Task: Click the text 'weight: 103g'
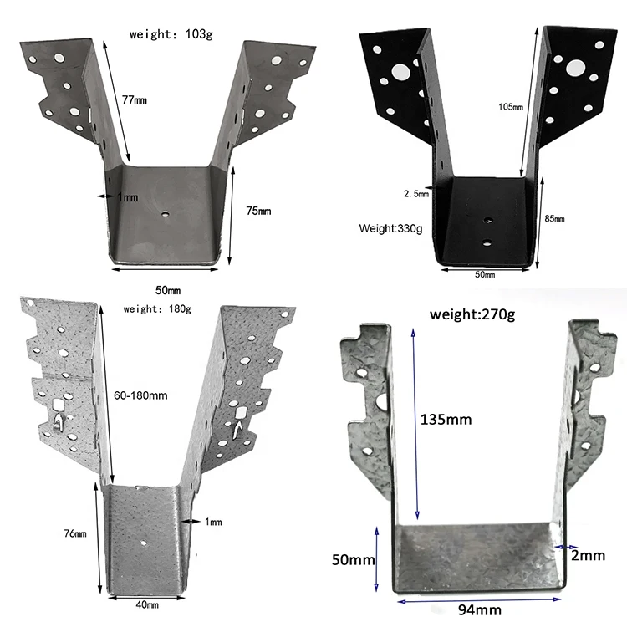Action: tap(172, 34)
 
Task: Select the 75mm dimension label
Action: tap(260, 211)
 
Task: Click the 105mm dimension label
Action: tap(510, 108)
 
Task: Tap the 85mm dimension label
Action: tap(554, 219)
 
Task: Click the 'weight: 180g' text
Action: tap(157, 308)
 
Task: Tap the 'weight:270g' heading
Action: tap(472, 315)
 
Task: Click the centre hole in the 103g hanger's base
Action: tap(166, 213)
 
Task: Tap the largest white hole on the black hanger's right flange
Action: tap(576, 67)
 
